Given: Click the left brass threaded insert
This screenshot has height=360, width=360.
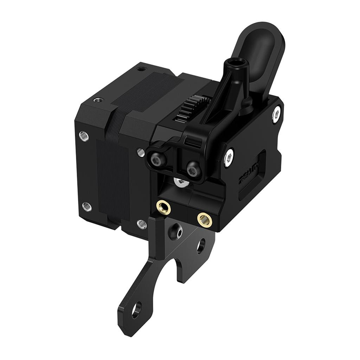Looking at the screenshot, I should (163, 207).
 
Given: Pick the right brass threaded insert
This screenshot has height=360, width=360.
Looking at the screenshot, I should (204, 220).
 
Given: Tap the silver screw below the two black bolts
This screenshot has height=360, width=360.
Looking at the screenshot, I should (180, 182).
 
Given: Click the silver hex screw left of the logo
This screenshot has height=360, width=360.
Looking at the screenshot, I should (229, 157).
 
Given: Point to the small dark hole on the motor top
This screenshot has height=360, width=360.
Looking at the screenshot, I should (141, 69).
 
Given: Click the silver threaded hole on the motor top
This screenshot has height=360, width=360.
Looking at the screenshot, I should (97, 100).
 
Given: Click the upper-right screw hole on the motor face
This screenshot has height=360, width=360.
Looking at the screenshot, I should (141, 152).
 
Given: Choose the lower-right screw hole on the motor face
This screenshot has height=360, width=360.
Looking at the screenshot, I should (141, 223).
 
